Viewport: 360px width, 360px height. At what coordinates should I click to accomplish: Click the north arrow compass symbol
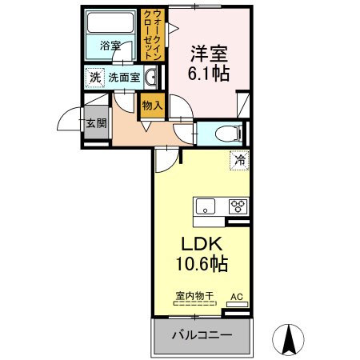[288, 340]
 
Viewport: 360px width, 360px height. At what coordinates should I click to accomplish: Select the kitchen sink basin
[206, 206]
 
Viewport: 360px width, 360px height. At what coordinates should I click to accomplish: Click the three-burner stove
[238, 206]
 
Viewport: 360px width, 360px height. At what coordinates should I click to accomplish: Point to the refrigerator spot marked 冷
[240, 160]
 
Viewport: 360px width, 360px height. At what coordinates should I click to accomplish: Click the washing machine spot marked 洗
[94, 78]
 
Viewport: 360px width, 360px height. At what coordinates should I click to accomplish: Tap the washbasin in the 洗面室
[150, 78]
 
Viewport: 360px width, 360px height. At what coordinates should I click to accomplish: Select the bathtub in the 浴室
[110, 23]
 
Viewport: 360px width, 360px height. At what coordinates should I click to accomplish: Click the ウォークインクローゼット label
[152, 34]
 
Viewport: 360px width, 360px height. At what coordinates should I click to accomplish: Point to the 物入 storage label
[152, 106]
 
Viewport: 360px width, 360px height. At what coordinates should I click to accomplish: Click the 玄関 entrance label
[96, 123]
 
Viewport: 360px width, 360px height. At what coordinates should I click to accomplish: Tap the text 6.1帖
[209, 74]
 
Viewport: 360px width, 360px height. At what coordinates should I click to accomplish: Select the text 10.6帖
[202, 263]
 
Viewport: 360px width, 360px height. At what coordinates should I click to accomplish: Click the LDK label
[202, 244]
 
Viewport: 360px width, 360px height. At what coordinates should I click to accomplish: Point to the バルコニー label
[202, 335]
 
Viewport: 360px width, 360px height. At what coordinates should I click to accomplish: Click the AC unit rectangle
[237, 304]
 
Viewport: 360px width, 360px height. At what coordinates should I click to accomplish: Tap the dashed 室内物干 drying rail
[195, 303]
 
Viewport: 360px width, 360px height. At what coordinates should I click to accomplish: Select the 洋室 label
[209, 54]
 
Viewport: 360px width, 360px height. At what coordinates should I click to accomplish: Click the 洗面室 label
[124, 78]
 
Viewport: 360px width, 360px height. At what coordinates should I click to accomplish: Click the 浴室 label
[110, 46]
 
